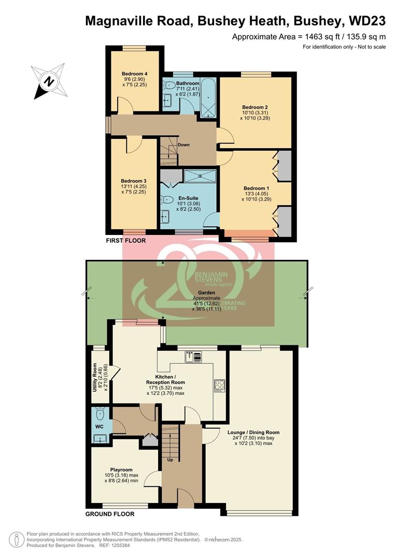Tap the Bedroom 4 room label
point(131,74)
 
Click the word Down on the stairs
point(183,145)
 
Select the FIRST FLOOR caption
point(125,241)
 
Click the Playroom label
point(122,469)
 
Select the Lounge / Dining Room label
point(253,432)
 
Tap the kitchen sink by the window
point(193,356)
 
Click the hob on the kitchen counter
point(219,385)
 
